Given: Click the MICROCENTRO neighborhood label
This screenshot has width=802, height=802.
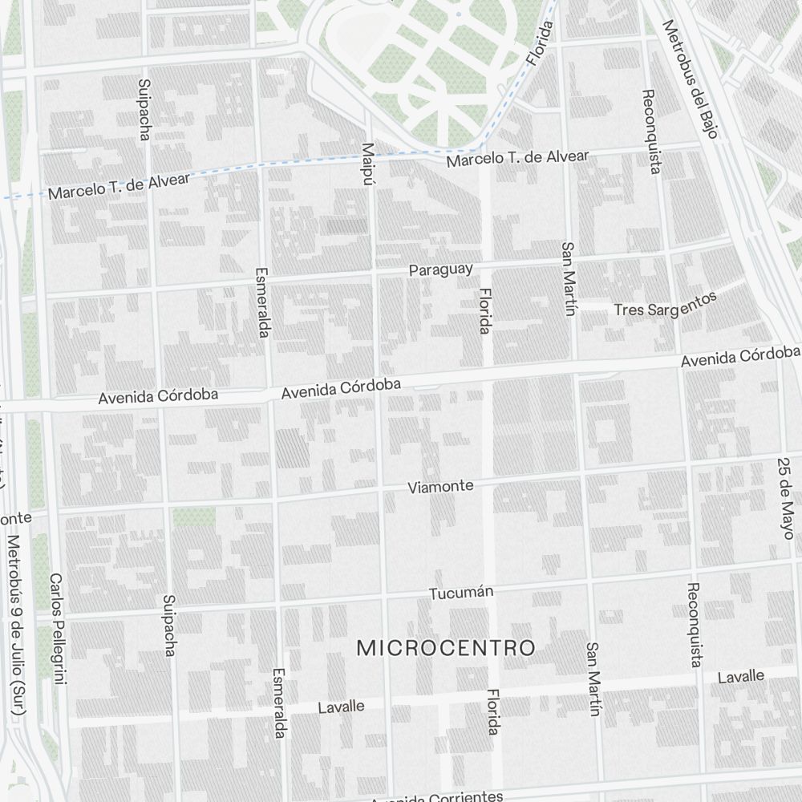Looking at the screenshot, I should click(x=445, y=648).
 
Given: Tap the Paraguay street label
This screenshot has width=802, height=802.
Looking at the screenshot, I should click(x=440, y=269).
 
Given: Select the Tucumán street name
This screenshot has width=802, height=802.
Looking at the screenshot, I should click(x=460, y=593).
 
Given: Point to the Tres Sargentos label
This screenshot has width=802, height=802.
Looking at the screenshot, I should click(x=664, y=304).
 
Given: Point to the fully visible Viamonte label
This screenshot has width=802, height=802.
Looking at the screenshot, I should click(x=440, y=487).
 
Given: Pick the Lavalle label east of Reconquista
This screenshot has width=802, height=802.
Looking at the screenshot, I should click(x=740, y=677).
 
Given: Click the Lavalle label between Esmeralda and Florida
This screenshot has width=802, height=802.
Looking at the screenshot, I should click(x=341, y=707).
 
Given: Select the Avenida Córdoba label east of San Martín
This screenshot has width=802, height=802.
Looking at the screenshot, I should click(x=740, y=357).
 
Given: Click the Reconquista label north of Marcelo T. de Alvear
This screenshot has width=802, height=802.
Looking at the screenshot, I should click(x=651, y=132).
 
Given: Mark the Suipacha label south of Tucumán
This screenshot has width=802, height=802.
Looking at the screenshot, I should click(x=168, y=626).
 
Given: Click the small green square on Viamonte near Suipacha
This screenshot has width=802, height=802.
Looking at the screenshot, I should click(x=193, y=516).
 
